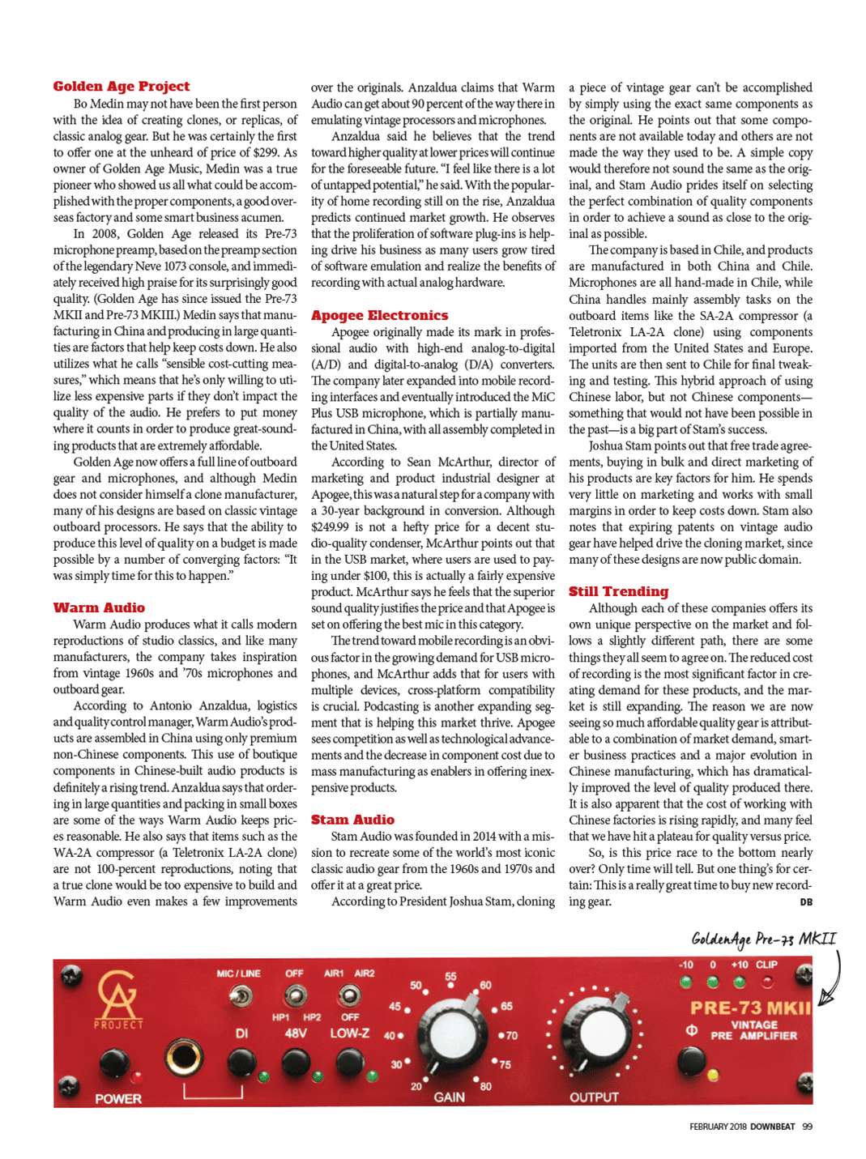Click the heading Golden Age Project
pos(122,87)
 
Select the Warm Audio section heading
pos(99,607)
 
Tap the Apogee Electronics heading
pos(379,315)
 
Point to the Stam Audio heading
pos(352,820)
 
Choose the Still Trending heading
pos(618,591)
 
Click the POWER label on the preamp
pos(118,1099)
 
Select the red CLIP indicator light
pos(766,982)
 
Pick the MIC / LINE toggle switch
pos(240,995)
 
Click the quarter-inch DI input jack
pos(185,1057)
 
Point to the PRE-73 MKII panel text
pos(749,1008)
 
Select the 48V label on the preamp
pos(296,1033)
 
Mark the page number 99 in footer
pos(807,1127)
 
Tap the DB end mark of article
pos(806,902)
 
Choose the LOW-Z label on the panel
pos(350,1033)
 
